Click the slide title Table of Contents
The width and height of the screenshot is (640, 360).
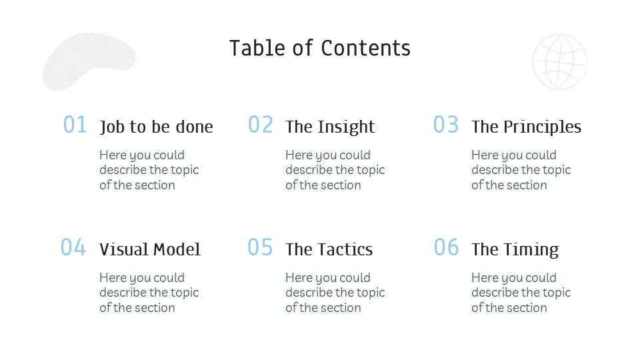(x=319, y=48)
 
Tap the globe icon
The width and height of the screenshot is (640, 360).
(x=559, y=62)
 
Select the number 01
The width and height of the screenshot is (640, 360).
(x=75, y=125)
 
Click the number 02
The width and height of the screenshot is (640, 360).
(x=261, y=125)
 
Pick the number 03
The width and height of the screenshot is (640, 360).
(x=446, y=125)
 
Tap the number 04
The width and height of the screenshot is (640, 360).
(x=73, y=247)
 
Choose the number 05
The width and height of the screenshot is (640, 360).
(x=260, y=247)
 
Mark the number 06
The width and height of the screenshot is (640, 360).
(x=446, y=247)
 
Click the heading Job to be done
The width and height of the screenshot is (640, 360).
(x=156, y=127)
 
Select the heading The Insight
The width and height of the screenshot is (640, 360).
(x=330, y=127)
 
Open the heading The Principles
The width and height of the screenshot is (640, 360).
(x=526, y=127)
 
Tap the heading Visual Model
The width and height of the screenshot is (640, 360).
(x=150, y=249)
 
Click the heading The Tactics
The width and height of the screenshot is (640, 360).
(x=329, y=249)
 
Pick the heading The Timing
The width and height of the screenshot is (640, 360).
(x=515, y=250)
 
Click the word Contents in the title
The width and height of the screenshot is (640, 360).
(x=365, y=48)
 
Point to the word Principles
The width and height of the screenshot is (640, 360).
(x=542, y=127)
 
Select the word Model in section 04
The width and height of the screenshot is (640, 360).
(x=177, y=249)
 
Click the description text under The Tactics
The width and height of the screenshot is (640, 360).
(x=335, y=293)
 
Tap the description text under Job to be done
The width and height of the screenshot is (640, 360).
(x=149, y=170)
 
